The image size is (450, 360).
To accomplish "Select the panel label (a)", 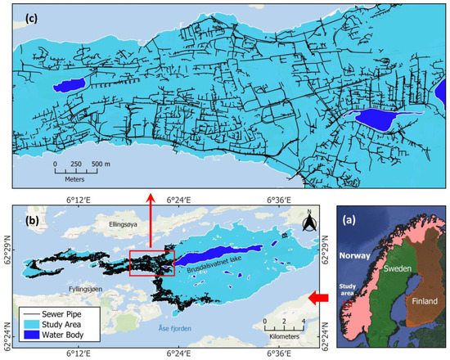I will (357, 218).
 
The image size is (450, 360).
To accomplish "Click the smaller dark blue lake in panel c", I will (68, 83).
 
